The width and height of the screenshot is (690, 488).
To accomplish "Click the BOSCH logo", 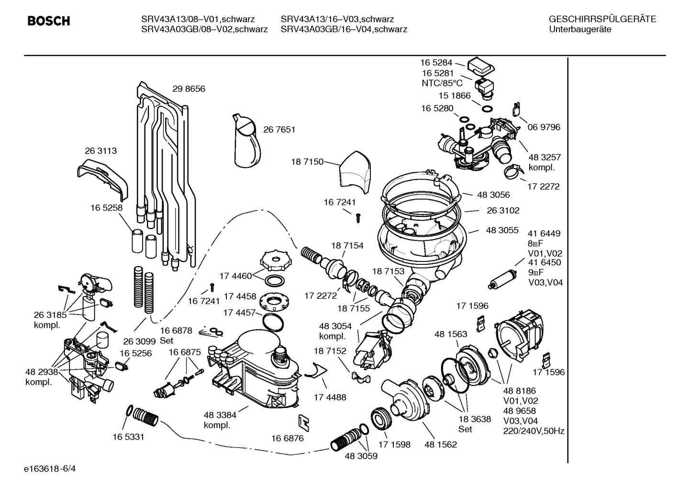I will click(49, 21).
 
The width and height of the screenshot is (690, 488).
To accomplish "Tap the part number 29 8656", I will click(189, 89).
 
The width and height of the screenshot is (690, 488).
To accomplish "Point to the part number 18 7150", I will click(307, 162).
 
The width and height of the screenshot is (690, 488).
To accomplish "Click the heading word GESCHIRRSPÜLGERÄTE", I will click(602, 19).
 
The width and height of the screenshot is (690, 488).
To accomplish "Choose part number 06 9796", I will click(544, 127).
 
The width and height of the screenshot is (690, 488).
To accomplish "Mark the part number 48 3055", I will click(502, 230).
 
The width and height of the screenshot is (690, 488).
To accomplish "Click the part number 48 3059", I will click(361, 456).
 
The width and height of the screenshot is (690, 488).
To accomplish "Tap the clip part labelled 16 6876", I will click(303, 422).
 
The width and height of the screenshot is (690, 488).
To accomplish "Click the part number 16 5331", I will click(128, 437).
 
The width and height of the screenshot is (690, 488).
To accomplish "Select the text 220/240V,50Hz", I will click(534, 431).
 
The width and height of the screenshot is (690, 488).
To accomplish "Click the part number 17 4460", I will click(235, 276).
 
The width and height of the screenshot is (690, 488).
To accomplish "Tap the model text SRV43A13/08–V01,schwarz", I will click(198, 19).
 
